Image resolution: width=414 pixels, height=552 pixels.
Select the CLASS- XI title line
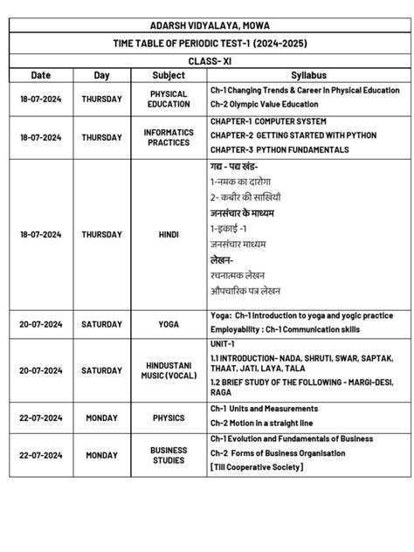point(206,61)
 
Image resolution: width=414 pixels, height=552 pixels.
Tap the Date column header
point(40,75)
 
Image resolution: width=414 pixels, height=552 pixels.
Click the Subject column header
point(169,75)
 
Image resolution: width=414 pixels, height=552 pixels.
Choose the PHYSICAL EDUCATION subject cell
point(169,99)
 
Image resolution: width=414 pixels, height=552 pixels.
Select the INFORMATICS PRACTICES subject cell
point(169,137)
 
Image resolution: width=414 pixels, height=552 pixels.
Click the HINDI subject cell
point(169,234)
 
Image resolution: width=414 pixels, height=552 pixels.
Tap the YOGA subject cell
point(169,323)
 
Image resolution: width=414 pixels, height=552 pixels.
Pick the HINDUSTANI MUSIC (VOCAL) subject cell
point(169,370)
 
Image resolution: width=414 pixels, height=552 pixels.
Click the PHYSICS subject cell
point(169,417)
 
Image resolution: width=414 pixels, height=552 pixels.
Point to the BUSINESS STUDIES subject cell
point(169,455)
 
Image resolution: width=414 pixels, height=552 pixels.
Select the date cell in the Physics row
point(40,417)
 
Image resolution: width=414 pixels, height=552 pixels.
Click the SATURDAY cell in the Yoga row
point(101,323)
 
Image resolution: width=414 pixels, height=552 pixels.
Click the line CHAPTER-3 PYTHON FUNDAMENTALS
point(279,149)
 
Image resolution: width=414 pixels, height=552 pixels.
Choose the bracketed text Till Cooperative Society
point(257,467)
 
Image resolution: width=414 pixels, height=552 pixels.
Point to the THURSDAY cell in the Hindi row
point(101,234)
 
